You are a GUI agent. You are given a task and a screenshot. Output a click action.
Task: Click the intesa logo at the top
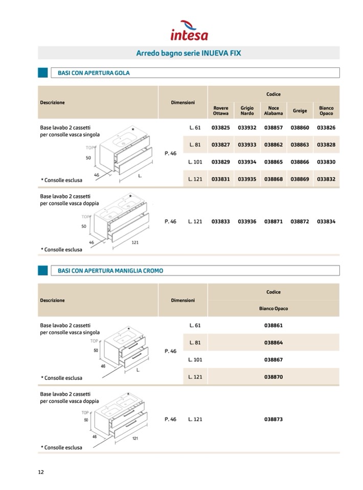coord(189,31)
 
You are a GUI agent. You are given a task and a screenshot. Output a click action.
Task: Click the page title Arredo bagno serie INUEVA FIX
coord(189,53)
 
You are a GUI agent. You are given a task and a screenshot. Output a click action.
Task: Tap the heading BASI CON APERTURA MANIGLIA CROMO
coord(110,271)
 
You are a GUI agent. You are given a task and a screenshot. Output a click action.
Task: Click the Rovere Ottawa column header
coord(221,111)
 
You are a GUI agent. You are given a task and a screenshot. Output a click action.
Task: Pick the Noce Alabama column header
coord(274,111)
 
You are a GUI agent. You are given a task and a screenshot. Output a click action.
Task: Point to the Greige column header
coord(300,111)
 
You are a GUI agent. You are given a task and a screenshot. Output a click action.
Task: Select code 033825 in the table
coord(221,127)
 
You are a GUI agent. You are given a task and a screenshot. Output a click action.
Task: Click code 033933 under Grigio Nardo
coord(247,145)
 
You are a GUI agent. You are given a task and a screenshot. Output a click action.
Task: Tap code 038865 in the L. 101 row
coord(274,162)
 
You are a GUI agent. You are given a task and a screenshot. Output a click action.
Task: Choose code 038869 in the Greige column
coord(300,179)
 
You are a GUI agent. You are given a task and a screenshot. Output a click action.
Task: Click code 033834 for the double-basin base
coord(326,222)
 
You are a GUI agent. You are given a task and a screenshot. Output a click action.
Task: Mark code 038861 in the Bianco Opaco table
coord(274,325)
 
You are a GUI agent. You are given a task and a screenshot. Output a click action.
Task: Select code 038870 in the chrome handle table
coord(274,377)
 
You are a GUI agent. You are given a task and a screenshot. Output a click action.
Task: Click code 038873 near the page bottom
coord(274,419)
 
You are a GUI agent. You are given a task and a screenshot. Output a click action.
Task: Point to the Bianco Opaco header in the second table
coord(274,309)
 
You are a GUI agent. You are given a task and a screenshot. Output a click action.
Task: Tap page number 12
coord(41,472)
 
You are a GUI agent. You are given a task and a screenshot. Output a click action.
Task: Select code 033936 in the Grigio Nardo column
coord(247,222)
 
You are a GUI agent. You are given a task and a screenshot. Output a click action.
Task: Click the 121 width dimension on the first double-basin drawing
coord(135,242)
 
